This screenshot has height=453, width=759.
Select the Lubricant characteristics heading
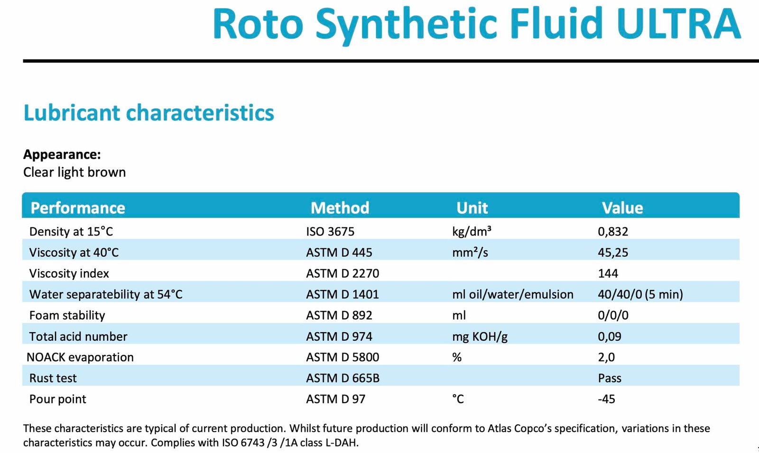(148, 113)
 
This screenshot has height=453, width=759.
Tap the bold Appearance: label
(62, 154)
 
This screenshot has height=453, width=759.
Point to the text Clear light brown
(74, 172)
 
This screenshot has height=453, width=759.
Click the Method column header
(340, 208)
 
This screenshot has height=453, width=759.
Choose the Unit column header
(472, 208)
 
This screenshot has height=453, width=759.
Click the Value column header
(622, 208)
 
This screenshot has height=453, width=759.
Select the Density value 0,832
(612, 231)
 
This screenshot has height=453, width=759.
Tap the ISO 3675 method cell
(330, 231)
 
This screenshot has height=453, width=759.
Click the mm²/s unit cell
(470, 252)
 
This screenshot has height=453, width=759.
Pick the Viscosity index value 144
(608, 273)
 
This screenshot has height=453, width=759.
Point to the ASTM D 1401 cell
(342, 294)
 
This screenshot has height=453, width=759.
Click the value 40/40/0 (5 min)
(640, 294)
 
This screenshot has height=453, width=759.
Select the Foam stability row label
(67, 315)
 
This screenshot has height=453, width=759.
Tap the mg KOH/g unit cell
(480, 336)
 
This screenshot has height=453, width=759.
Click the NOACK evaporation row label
(80, 357)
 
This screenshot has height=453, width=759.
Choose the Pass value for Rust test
(610, 378)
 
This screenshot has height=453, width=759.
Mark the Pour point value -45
(606, 399)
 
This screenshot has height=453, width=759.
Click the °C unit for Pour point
(458, 399)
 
